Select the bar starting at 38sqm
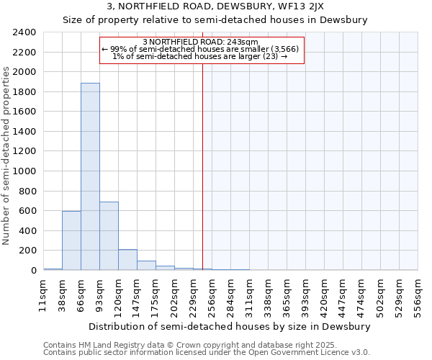point(71,240)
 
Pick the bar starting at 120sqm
point(127,260)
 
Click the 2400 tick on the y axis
point(24,32)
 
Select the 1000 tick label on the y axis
point(24,171)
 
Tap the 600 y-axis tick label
point(27,211)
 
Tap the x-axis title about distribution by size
point(230,326)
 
